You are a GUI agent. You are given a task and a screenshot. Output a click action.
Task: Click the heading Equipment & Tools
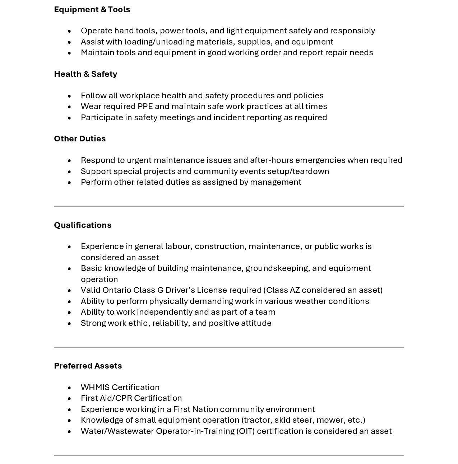(x=92, y=9)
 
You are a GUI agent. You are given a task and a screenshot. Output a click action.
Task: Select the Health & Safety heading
(x=85, y=74)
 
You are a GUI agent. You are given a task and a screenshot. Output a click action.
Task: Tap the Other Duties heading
(x=80, y=139)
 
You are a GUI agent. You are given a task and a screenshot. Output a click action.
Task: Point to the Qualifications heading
(x=83, y=225)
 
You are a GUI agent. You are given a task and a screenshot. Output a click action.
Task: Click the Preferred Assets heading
(x=88, y=366)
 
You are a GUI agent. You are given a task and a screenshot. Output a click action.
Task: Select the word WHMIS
(x=95, y=387)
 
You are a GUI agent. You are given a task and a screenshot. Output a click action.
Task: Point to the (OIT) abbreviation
(x=245, y=431)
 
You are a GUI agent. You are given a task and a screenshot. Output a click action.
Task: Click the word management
(x=276, y=182)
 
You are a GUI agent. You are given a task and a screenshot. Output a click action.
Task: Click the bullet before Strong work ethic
(x=69, y=323)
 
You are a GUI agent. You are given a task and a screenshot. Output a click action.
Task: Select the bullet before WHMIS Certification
(x=69, y=388)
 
